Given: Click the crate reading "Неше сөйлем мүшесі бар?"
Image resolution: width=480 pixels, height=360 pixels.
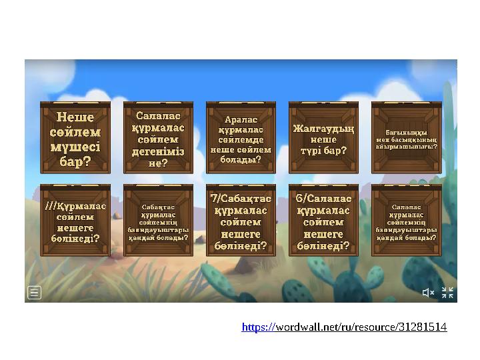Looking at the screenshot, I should (x=75, y=138).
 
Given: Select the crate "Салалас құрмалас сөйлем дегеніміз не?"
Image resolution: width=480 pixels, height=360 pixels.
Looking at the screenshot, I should (x=158, y=138).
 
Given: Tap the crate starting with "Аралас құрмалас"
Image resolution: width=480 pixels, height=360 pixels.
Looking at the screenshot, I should (x=241, y=138).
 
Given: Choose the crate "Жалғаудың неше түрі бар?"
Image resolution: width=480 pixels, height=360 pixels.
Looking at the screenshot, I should (x=323, y=138).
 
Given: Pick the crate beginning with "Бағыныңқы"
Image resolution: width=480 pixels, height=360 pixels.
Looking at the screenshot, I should (x=406, y=138).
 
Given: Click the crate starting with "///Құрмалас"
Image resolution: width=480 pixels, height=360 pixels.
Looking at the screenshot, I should (x=75, y=221).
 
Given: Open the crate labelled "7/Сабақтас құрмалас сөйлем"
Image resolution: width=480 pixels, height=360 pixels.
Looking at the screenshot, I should (x=241, y=221).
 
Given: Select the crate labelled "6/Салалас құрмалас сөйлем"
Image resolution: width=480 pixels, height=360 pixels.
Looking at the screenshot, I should (x=323, y=221).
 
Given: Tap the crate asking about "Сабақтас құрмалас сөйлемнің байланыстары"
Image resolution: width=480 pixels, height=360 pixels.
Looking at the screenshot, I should (x=158, y=221).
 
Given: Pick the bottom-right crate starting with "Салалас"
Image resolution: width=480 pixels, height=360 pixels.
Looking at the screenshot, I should (x=406, y=221).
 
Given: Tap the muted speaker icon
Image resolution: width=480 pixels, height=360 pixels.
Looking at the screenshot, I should (x=428, y=293).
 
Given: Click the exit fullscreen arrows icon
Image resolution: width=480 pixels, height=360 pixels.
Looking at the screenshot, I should (x=447, y=293).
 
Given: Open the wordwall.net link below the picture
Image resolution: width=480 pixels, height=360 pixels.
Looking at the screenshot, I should (x=344, y=327).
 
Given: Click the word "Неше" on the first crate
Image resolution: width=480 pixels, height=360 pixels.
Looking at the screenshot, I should (x=75, y=117).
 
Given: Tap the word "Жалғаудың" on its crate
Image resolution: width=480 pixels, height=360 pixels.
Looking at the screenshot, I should (x=323, y=128).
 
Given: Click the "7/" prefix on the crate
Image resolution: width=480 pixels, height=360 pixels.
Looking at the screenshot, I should (x=215, y=198).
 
